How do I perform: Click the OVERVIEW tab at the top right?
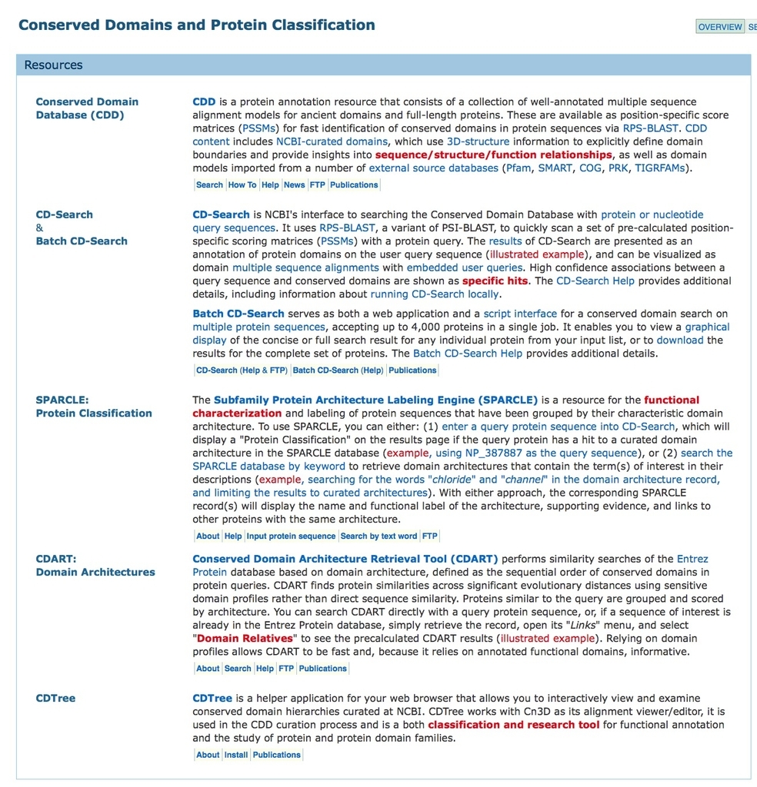pyautogui.click(x=719, y=27)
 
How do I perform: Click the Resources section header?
pyautogui.click(x=53, y=65)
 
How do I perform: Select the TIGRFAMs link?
pyautogui.click(x=659, y=168)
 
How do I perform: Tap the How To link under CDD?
pyautogui.click(x=242, y=185)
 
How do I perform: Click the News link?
pyautogui.click(x=294, y=185)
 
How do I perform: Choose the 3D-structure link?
pyautogui.click(x=478, y=141)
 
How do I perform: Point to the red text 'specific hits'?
pyautogui.click(x=495, y=281)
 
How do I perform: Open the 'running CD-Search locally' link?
pyautogui.click(x=435, y=294)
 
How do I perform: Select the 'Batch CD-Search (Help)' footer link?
pyautogui.click(x=338, y=370)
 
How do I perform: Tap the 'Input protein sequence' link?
pyautogui.click(x=291, y=536)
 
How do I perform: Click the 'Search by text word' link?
pyautogui.click(x=378, y=536)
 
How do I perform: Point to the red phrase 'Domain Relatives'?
pyautogui.click(x=245, y=639)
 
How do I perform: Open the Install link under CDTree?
pyautogui.click(x=236, y=755)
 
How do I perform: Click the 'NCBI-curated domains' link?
pyautogui.click(x=332, y=141)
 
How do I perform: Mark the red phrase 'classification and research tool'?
pyautogui.click(x=513, y=725)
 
